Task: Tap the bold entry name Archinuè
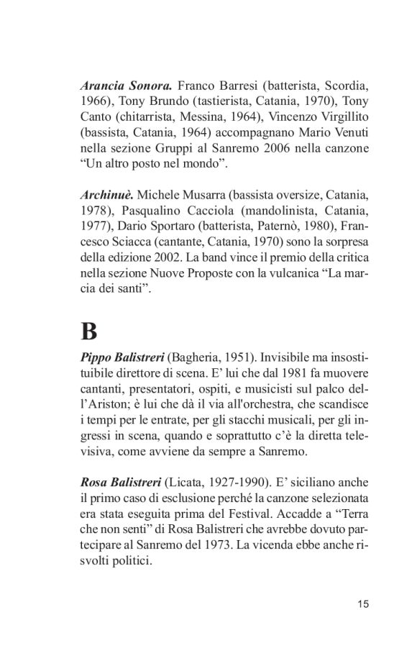(x=106, y=196)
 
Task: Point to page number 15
(x=362, y=604)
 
